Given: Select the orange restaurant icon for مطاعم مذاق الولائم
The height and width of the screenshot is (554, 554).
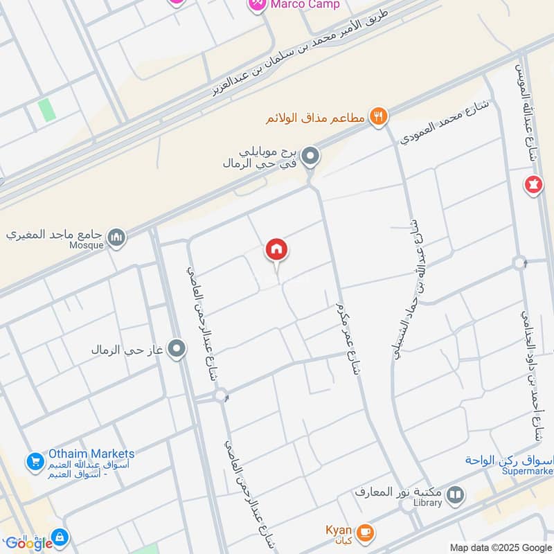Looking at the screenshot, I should tap(378, 116).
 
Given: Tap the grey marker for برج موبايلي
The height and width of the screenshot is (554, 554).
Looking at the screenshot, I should tap(312, 157).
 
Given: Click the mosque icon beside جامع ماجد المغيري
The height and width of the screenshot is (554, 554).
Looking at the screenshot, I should tap(118, 238).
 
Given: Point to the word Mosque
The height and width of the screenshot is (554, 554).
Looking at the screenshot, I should tap(86, 245).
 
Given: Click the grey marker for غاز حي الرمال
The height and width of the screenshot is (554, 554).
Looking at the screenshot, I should tap(178, 348).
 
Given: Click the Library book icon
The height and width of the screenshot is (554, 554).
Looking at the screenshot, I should tap(455, 494).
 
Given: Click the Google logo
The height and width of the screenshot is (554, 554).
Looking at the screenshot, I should tap(28, 543).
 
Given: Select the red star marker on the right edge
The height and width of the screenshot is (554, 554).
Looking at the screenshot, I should tap(534, 186).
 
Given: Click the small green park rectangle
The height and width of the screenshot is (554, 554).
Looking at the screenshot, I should tap(46, 109).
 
